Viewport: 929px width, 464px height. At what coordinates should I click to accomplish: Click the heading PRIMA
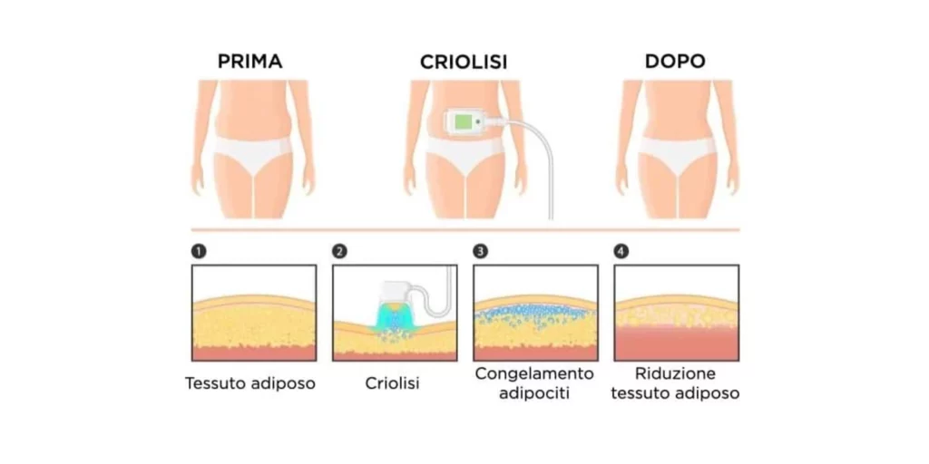(249, 62)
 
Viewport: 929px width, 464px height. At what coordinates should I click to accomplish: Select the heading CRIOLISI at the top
(464, 63)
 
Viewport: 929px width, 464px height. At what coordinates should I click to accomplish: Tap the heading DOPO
(675, 62)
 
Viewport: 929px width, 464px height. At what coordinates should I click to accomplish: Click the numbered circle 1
(199, 252)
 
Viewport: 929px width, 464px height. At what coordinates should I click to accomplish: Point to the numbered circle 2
(339, 252)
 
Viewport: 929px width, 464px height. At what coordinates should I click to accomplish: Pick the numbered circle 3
(481, 252)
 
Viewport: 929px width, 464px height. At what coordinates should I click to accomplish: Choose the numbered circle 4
(621, 252)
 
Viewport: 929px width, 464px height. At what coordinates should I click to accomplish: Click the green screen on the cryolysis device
(464, 122)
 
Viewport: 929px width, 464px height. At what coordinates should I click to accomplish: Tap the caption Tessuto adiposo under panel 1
(250, 383)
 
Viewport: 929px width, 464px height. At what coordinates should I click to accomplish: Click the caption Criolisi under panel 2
(392, 383)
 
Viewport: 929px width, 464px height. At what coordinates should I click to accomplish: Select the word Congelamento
(534, 374)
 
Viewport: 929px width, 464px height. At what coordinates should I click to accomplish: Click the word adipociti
(534, 393)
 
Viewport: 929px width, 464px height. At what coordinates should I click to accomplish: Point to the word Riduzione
(675, 374)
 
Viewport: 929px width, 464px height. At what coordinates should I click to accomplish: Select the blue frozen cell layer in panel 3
(535, 313)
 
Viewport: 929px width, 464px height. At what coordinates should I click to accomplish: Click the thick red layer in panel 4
(676, 343)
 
